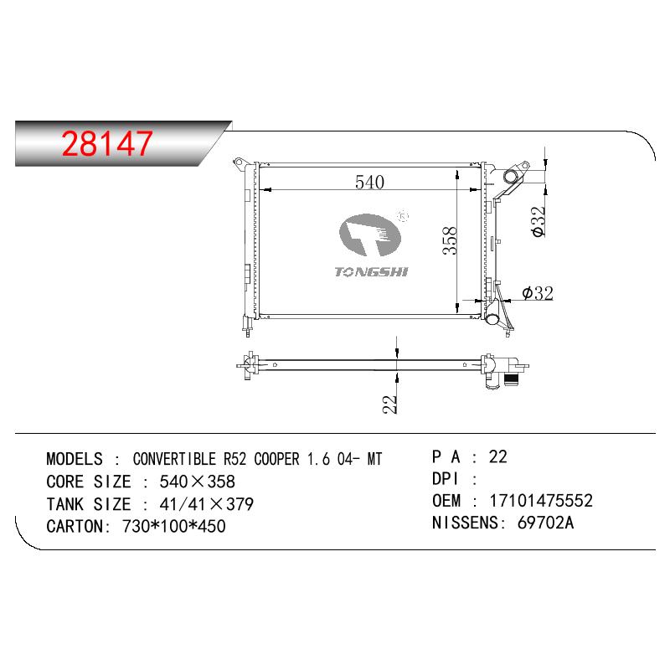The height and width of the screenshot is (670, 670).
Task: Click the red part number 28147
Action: click(107, 143)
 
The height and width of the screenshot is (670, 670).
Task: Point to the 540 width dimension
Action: click(369, 183)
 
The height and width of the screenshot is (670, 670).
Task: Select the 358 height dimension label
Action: click(450, 241)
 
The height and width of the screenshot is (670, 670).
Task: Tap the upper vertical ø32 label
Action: click(539, 221)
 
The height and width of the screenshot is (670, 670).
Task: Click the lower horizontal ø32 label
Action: click(538, 293)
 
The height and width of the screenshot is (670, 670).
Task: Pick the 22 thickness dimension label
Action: click(389, 405)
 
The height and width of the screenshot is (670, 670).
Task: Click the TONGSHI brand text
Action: click(371, 271)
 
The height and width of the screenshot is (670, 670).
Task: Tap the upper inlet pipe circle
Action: click(511, 175)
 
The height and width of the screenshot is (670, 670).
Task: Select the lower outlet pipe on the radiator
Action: click(492, 318)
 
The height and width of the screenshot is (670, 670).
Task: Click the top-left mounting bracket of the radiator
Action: click(240, 162)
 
